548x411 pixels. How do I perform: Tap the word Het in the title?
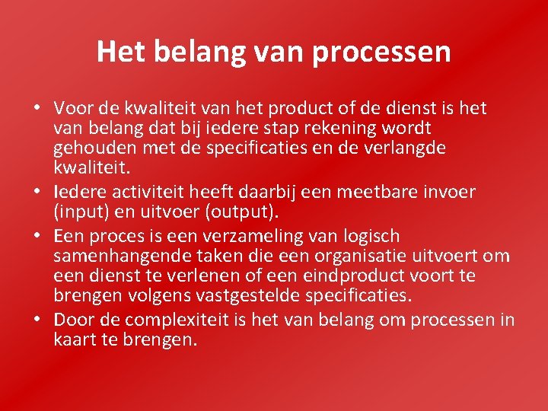click(x=118, y=52)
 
